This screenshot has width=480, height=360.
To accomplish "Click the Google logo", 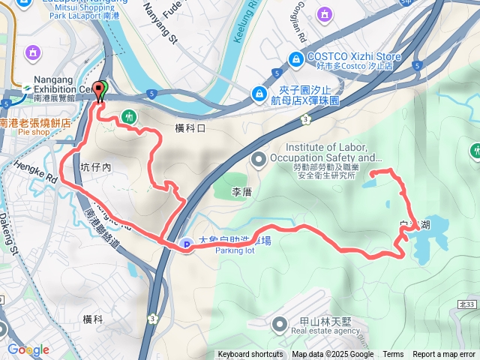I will pos(28,349).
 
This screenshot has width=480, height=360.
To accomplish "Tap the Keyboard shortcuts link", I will pos(250,355).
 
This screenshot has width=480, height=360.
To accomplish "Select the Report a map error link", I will pos(444,355).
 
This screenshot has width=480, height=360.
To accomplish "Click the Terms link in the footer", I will pos(393,355).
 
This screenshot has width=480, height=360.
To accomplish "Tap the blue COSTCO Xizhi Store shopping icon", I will pos(296,58).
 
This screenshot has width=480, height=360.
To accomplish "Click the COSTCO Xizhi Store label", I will pos(343,57).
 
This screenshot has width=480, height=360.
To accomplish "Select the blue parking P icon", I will pos(186,244).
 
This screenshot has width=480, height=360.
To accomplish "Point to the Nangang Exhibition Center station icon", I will pos(27,87).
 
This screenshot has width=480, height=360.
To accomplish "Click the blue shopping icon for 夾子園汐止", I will pos(259,94).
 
